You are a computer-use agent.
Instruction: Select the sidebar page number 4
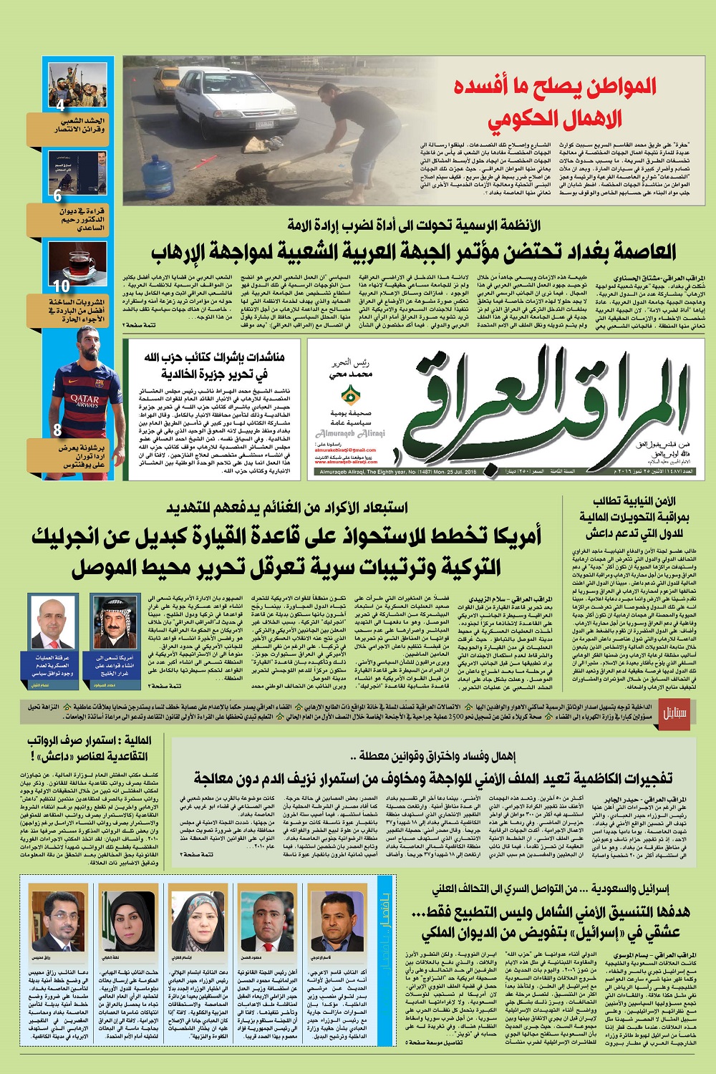[60, 105]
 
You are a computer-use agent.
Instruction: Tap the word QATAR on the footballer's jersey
[84, 400]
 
